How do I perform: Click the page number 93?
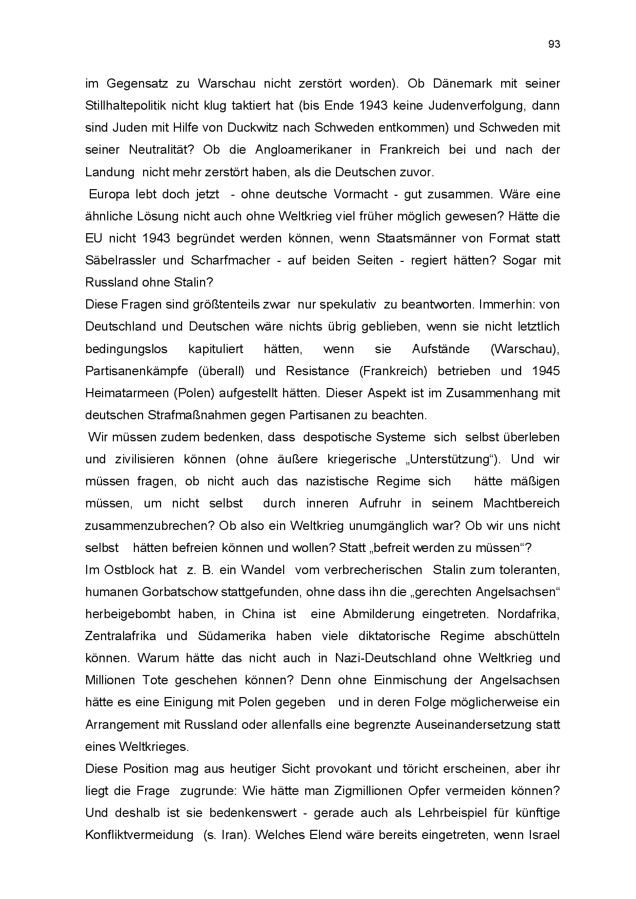(x=554, y=45)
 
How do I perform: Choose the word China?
(x=259, y=614)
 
